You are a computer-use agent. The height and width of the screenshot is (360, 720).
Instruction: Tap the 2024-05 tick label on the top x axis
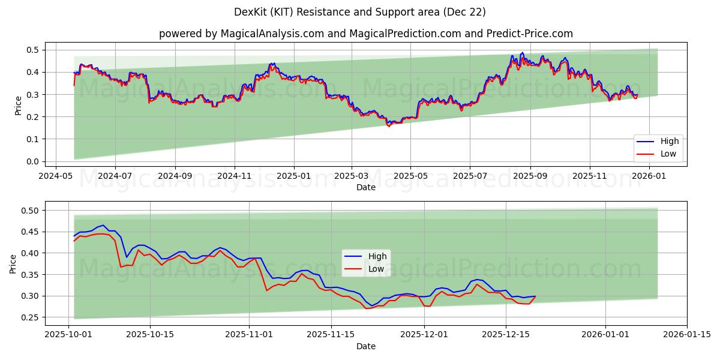(x=56, y=176)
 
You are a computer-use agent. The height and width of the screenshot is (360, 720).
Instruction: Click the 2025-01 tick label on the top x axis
(x=294, y=176)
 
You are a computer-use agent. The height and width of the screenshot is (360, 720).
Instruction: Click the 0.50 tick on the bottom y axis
(x=31, y=211)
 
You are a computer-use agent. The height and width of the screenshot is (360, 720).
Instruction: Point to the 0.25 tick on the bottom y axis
(x=31, y=317)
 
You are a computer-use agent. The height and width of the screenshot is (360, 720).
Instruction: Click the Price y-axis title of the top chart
(x=18, y=105)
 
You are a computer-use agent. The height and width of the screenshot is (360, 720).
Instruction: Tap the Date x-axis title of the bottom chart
(x=366, y=346)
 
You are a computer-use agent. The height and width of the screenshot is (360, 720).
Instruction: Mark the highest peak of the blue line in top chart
(x=522, y=53)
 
